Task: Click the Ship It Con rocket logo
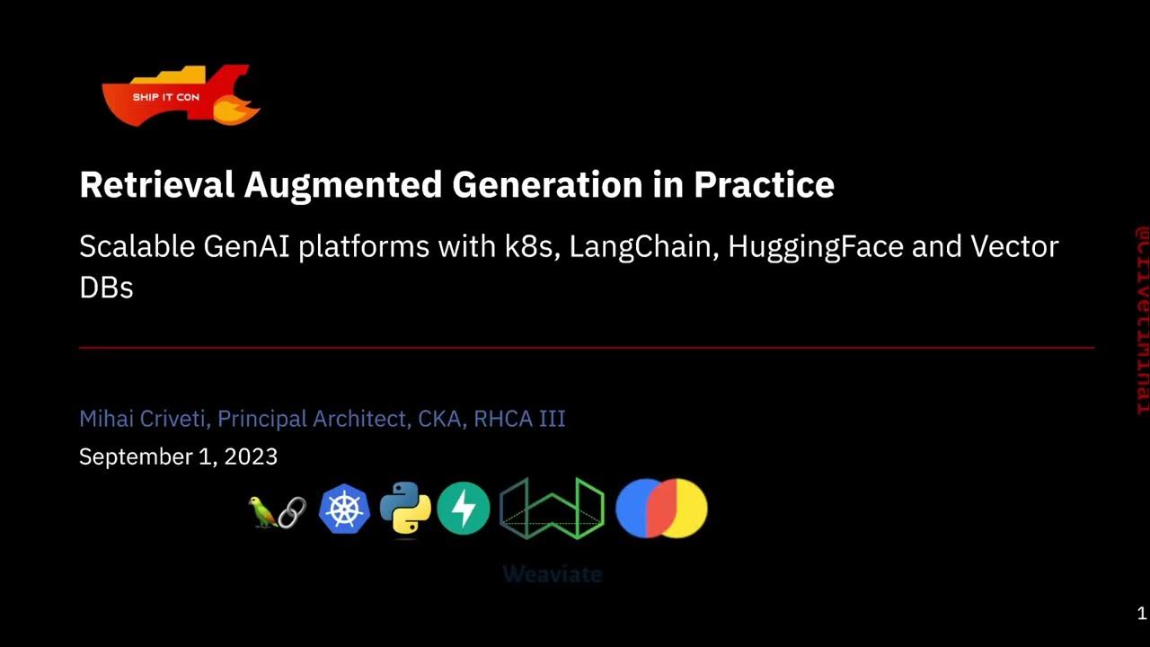180,95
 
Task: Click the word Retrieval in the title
157,184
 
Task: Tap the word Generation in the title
546,184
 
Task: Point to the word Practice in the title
764,184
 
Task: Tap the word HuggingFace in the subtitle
815,247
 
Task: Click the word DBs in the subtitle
106,288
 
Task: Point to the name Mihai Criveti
144,419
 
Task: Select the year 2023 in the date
251,456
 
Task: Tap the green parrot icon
261,512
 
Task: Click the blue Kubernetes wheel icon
344,509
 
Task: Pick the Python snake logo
404,509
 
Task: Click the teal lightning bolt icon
464,509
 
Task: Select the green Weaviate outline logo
552,510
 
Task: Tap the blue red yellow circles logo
661,509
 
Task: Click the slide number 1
1141,615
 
